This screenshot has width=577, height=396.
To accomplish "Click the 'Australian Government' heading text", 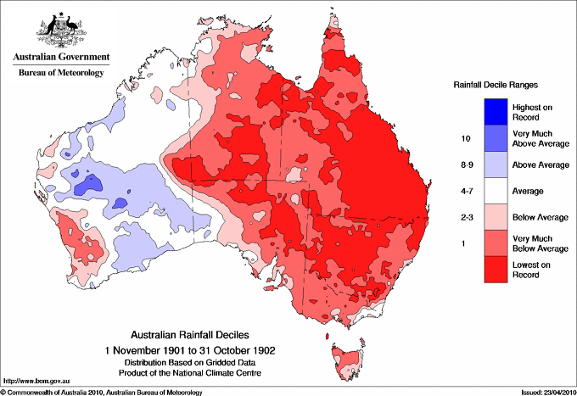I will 60,58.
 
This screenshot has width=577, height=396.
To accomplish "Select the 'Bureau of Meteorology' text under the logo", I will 60,74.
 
